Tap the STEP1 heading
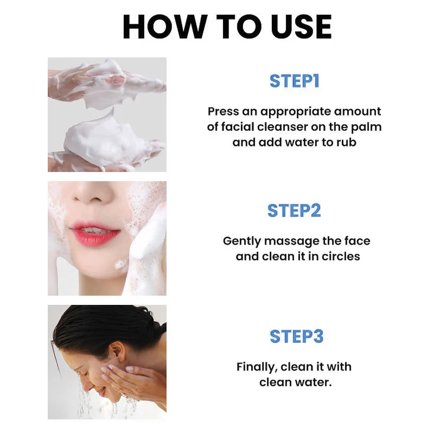pos(295,81)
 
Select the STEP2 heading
pos(294,210)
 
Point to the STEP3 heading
pos(296,336)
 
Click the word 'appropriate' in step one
pos(295,112)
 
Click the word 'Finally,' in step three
pos(257,367)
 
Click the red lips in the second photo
pos(95,233)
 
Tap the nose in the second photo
pos(93,194)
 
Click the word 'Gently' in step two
pos(242,241)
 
